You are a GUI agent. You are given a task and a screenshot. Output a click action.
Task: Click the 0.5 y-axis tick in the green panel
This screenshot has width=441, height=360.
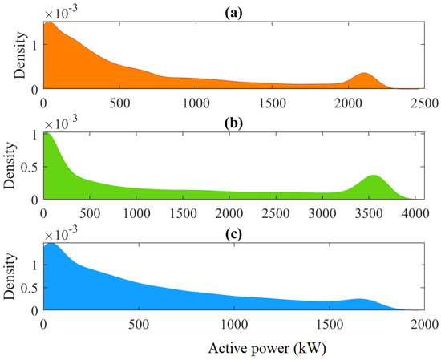pos(30,166)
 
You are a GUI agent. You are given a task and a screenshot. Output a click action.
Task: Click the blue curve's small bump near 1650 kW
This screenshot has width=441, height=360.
pos(360,300)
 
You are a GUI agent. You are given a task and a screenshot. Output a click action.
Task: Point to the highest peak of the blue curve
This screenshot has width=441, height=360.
pos(53,243)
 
